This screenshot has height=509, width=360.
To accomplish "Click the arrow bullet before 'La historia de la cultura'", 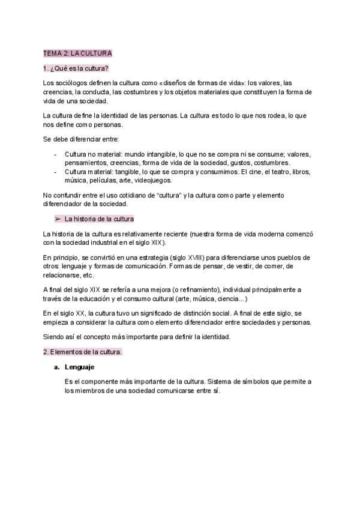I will coord(58,218).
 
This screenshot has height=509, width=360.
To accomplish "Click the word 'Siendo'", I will coord(53,337).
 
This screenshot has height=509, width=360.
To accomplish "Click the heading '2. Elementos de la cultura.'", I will coord(82,352).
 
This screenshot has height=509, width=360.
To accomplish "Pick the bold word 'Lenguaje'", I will coord(79,367).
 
